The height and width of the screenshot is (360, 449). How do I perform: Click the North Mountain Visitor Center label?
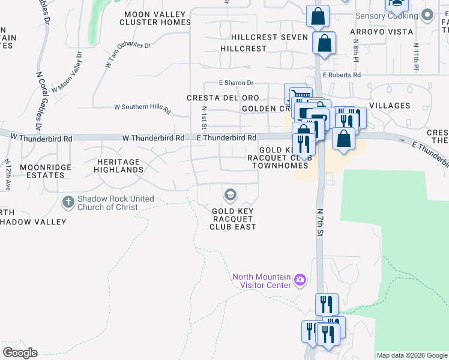coord(262,280)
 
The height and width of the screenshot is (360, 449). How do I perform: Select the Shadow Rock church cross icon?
coord(68,202)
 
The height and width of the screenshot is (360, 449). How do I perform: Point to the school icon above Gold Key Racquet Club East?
coord(229,194)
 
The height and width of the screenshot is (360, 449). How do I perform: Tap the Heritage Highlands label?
coord(119,166)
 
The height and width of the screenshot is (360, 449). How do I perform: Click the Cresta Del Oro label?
coord(223,98)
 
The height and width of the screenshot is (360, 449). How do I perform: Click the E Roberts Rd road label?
coord(341,75)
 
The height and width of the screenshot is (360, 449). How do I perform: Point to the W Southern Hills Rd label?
coord(142,108)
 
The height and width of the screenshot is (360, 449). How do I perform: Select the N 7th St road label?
coord(320,222)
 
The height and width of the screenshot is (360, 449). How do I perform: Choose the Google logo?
coord(20,353)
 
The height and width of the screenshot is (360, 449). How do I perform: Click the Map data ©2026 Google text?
coord(411,355)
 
